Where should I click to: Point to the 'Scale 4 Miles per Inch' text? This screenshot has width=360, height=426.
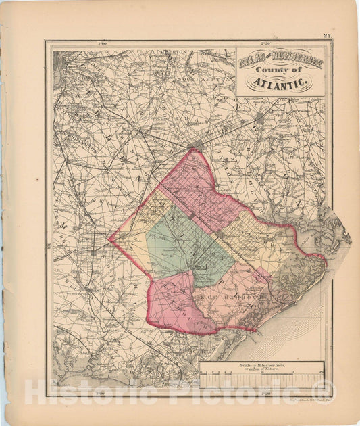pos(261,366)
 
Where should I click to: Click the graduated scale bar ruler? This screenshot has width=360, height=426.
pos(262,377)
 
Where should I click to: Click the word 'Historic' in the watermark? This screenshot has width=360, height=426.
pos(74,392)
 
